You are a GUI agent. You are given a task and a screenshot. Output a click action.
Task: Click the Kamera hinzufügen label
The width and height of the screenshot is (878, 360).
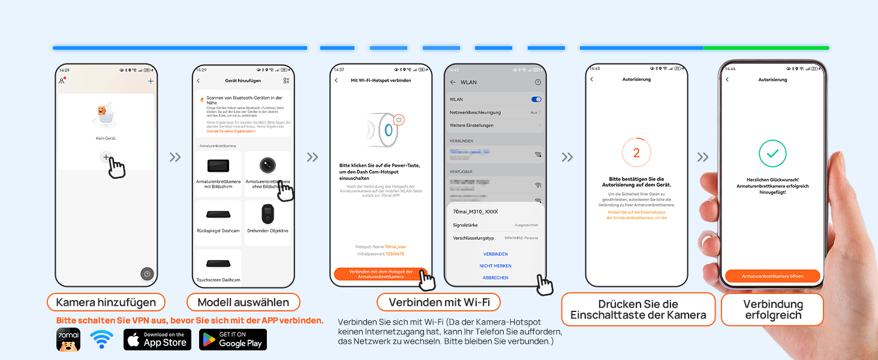tap(106, 302)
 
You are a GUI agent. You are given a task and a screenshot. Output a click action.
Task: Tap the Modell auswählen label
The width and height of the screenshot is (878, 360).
tap(243, 302)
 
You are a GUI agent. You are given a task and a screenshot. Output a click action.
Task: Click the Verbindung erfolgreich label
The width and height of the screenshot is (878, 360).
tap(772, 310)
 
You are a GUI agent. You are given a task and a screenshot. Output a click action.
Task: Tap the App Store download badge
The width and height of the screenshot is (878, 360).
tap(157, 340)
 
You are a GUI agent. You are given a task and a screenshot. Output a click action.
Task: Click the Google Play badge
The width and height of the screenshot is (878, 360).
tap(233, 340)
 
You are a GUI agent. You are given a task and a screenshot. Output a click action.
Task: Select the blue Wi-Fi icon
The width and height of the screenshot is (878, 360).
tap(101, 340)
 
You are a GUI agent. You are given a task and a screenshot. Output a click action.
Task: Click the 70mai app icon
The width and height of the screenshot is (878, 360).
tap(68, 340)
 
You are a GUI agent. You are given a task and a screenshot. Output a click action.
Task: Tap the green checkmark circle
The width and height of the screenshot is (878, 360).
tap(772, 154)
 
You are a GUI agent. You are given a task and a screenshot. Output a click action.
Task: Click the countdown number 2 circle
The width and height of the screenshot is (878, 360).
tap(636, 154)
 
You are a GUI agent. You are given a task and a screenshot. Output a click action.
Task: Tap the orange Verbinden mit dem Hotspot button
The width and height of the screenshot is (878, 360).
tap(381, 274)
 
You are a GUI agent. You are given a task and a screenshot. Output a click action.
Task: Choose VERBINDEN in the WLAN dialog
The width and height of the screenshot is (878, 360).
tap(495, 254)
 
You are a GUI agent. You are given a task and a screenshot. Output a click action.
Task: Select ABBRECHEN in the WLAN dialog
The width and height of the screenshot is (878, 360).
tap(495, 278)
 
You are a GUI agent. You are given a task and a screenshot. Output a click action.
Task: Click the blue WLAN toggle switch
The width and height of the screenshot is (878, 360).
tap(536, 100)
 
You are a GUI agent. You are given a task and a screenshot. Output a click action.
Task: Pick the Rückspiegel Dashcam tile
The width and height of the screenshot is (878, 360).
tap(218, 222)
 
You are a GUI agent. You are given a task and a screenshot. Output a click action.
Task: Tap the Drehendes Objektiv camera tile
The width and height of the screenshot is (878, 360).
tap(267, 222)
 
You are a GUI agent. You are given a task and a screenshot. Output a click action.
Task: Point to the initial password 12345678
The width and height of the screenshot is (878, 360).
tap(394, 254)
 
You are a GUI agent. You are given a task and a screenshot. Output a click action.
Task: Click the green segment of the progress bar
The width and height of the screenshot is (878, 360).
tap(765, 48)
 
